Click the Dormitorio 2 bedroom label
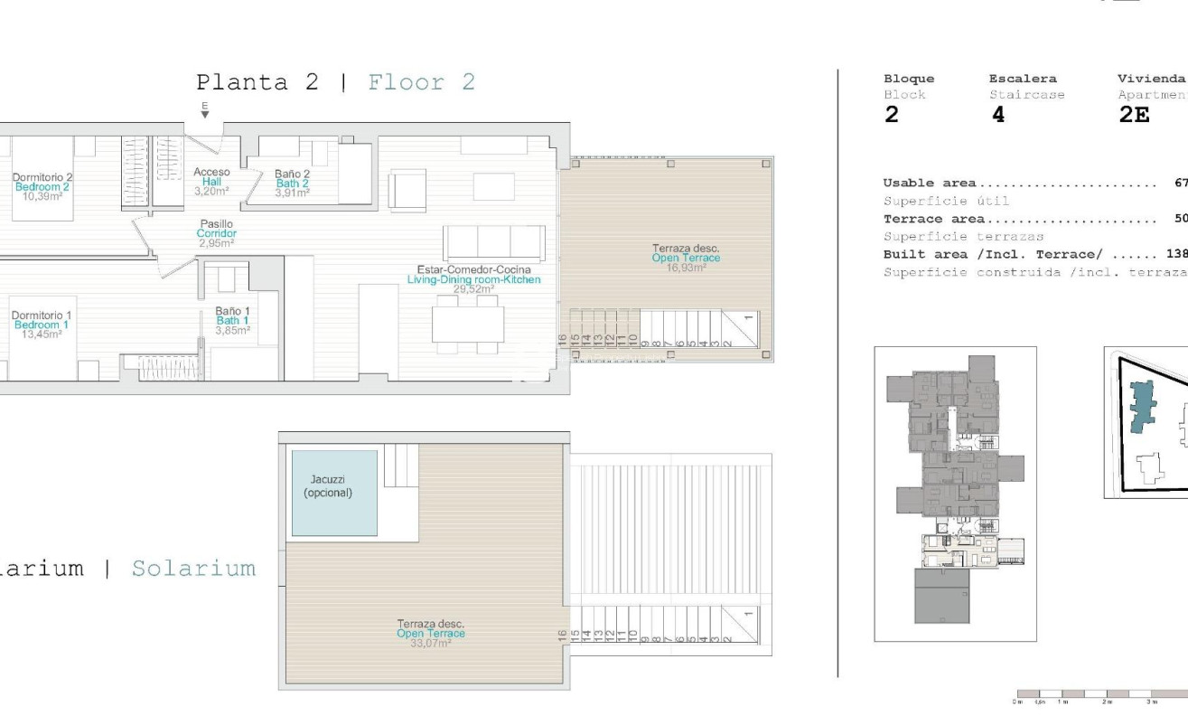tap(42, 177)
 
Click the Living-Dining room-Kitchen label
tap(474, 280)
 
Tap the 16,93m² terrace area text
tap(686, 268)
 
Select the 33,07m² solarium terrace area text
tap(431, 643)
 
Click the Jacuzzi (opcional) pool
tap(333, 493)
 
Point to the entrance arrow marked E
tap(205, 111)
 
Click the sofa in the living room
tap(493, 242)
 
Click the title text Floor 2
tap(421, 82)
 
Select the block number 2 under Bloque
tap(891, 116)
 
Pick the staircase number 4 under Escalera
tap(997, 116)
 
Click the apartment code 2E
tap(1134, 116)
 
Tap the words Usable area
tap(930, 184)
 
